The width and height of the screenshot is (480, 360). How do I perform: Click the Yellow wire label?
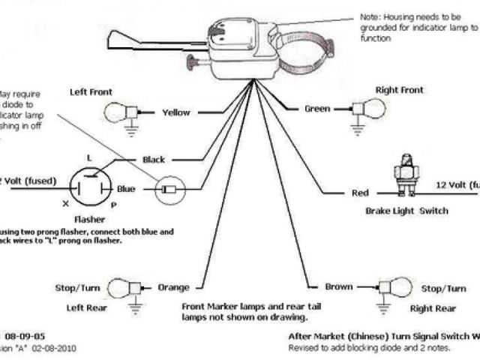pyautogui.click(x=176, y=112)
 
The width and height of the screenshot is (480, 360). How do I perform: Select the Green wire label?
pyautogui.click(x=317, y=109)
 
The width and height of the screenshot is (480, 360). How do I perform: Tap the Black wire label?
pyautogui.click(x=153, y=159)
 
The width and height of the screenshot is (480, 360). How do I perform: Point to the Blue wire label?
pyautogui.click(x=126, y=189)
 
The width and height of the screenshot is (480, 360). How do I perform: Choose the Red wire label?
pyautogui.click(x=361, y=193)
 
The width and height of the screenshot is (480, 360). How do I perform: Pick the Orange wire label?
pyautogui.click(x=173, y=287)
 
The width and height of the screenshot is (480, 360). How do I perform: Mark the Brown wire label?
pyautogui.click(x=339, y=287)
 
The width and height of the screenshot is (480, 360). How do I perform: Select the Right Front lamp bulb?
pyautogui.click(x=373, y=108)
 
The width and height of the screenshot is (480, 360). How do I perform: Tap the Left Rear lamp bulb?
pyautogui.click(x=118, y=287)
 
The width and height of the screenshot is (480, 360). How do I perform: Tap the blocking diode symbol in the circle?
pyautogui.click(x=168, y=190)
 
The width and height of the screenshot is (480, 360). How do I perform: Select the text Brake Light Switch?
pyautogui.click(x=406, y=211)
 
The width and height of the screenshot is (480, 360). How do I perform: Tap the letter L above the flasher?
pyautogui.click(x=89, y=158)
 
